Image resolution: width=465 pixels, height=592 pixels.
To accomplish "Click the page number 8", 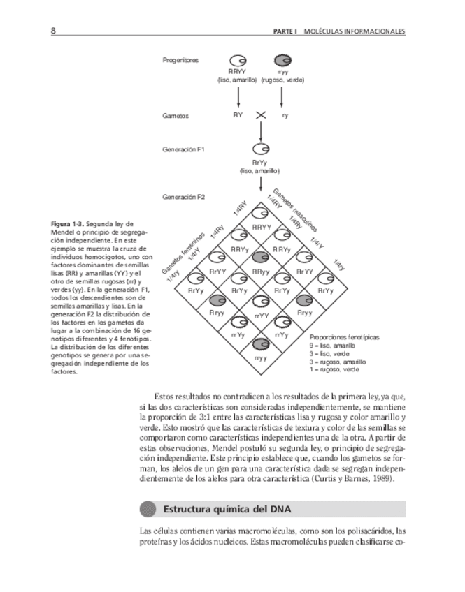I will point(53,31).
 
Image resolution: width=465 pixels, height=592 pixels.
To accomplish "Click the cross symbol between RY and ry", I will point(261,115).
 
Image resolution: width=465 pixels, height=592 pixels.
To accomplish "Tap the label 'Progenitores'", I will point(180,60).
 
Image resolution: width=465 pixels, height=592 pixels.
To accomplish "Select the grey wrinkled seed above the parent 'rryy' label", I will point(283,60).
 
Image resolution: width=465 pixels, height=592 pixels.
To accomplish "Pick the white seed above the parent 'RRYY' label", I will point(238,60).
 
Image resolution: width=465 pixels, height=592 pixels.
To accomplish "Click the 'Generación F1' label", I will point(184,149).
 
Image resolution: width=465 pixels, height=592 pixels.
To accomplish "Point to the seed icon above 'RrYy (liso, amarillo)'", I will point(261,149).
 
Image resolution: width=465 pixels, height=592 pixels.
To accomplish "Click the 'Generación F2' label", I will point(184,197).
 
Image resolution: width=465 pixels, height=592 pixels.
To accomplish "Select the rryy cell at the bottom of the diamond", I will point(261,349).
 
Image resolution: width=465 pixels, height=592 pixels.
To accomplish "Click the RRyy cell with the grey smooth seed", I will point(261,262).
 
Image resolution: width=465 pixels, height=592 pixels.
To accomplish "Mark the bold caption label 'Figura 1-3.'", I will point(67,224).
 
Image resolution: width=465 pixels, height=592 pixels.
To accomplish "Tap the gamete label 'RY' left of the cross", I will point(238,115).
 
